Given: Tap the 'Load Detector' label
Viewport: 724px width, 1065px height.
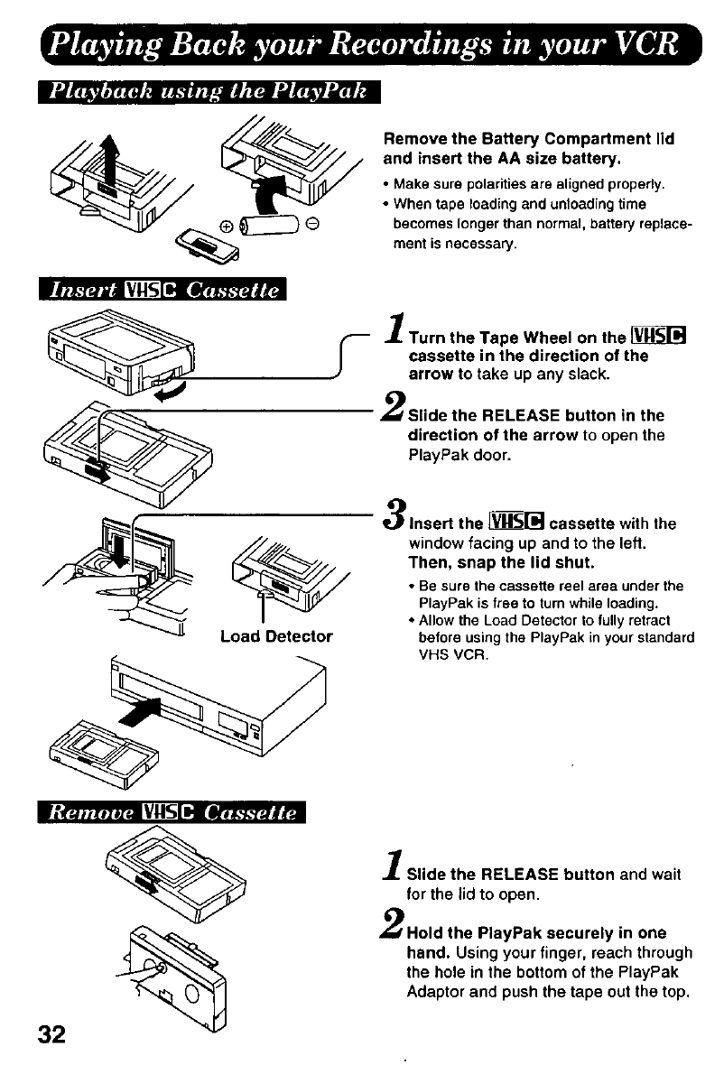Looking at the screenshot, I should tap(276, 636).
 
